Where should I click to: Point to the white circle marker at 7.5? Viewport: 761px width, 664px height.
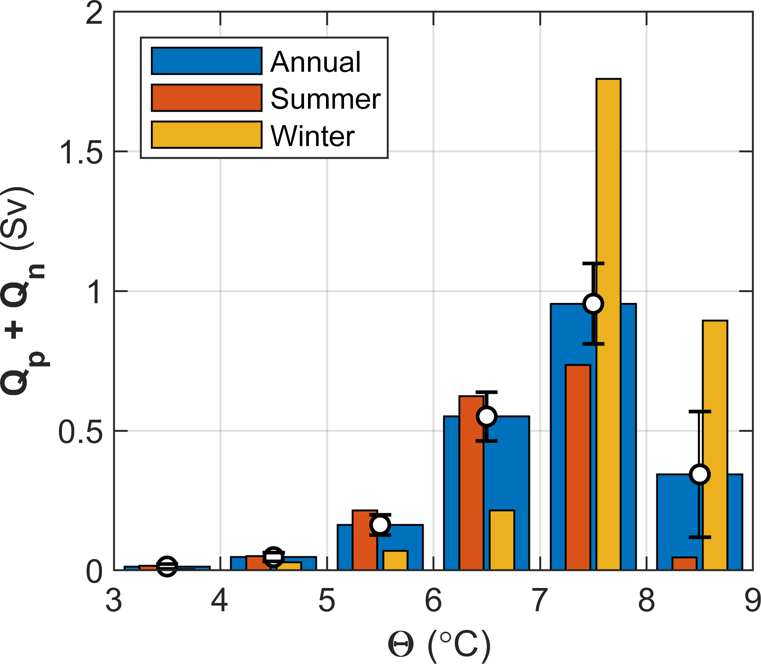tap(593, 304)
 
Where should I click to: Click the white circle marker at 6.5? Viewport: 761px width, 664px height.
tap(487, 416)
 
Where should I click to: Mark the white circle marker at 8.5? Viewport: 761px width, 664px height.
tap(700, 474)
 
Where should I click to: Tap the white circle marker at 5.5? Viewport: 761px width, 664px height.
tap(380, 524)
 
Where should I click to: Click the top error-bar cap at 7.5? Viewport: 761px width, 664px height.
tap(593, 263)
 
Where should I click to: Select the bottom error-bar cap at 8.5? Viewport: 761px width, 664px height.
tap(700, 537)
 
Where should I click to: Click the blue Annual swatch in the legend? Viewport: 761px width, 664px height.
tap(207, 61)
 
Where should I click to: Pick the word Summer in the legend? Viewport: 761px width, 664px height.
tap(325, 98)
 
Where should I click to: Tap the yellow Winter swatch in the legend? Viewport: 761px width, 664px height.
tap(207, 135)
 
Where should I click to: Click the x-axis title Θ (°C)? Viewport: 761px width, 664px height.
tap(439, 645)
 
